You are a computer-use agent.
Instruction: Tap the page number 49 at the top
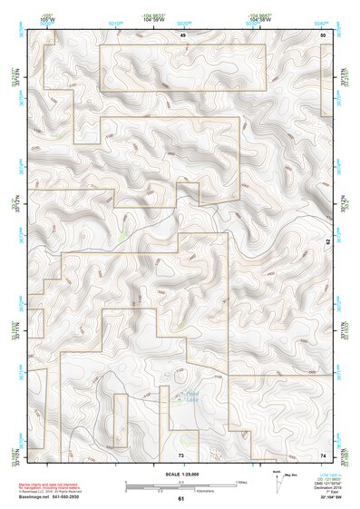click(182, 34)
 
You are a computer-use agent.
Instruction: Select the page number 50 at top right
click(323, 34)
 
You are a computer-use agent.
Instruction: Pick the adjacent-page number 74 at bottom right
click(323, 454)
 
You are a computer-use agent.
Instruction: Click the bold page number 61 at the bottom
click(180, 499)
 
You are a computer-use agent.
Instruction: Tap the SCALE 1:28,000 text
click(180, 474)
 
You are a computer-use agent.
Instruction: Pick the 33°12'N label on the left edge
click(14, 200)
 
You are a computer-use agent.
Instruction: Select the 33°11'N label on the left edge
click(14, 324)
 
